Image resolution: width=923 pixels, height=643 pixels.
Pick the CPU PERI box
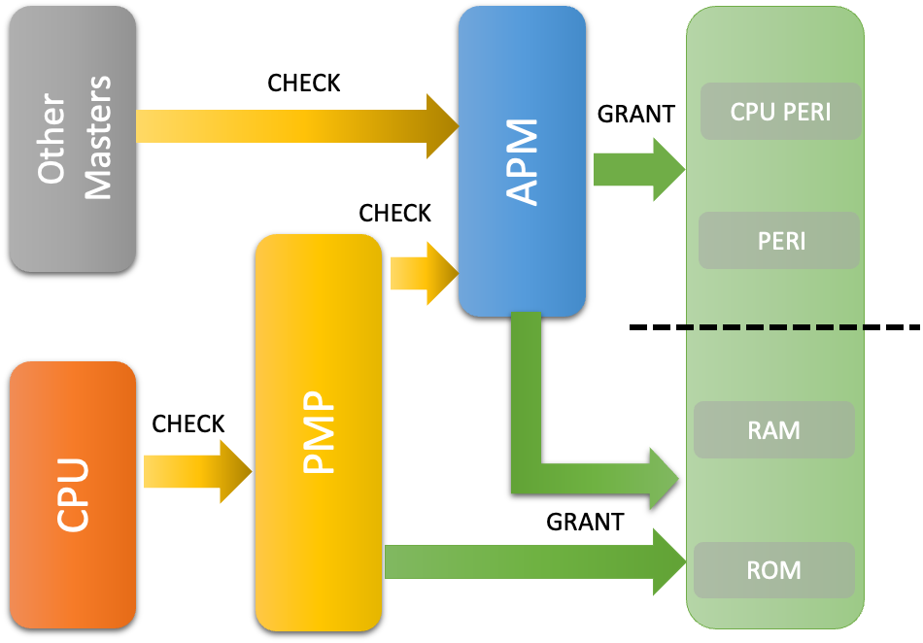tap(780, 112)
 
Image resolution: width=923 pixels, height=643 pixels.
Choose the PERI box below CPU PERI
tap(780, 241)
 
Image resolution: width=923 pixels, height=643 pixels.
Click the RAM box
tap(774, 430)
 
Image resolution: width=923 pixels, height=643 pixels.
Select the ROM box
tap(774, 569)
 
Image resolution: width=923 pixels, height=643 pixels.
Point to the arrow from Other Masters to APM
tap(291, 126)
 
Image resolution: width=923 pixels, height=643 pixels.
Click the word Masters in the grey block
tap(98, 138)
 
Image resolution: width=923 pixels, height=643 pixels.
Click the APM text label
tap(523, 162)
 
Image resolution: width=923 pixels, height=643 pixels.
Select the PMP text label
tap(319, 432)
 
